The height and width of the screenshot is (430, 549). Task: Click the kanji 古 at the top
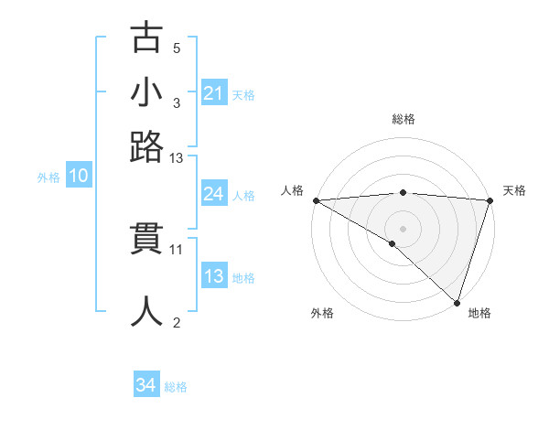click(146, 38)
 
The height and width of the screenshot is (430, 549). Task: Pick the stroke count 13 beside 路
click(176, 158)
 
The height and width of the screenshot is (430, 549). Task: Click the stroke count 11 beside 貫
click(177, 248)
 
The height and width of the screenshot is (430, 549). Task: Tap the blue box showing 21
click(214, 93)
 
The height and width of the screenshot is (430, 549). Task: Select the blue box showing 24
click(214, 194)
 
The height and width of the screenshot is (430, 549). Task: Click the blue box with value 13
click(214, 276)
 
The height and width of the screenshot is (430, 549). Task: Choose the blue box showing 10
click(79, 177)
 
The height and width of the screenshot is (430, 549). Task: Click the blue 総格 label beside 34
click(176, 387)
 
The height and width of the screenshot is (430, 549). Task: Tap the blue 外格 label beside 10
click(48, 177)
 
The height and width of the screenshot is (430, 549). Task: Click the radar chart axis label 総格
click(403, 119)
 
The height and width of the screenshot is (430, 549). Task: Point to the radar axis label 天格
click(514, 190)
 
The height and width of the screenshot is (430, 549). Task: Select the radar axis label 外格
click(322, 314)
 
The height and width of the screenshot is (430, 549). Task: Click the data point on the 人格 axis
click(316, 200)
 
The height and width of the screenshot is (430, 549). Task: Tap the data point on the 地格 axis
click(457, 302)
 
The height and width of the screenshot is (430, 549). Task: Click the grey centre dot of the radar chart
click(403, 228)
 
